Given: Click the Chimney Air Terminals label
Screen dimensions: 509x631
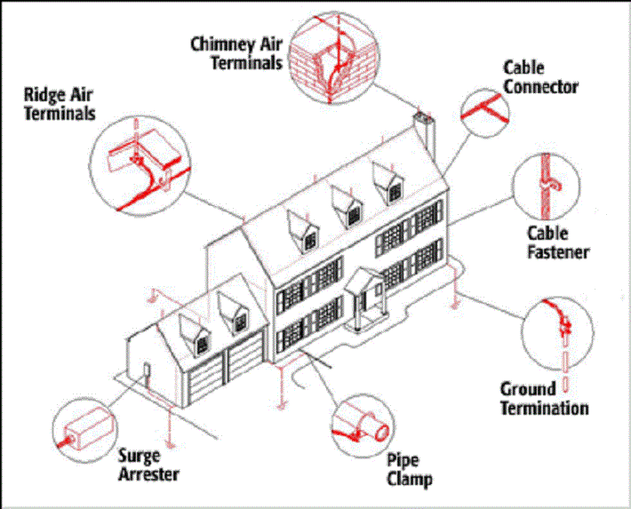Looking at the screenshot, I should click(x=236, y=52).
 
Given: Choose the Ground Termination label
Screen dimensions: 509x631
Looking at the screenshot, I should click(x=544, y=398).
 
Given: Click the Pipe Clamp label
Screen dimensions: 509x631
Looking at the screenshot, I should click(x=410, y=470).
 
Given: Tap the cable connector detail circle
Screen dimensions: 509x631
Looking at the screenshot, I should click(x=484, y=111).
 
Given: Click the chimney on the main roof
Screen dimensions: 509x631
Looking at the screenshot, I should click(x=423, y=133).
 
